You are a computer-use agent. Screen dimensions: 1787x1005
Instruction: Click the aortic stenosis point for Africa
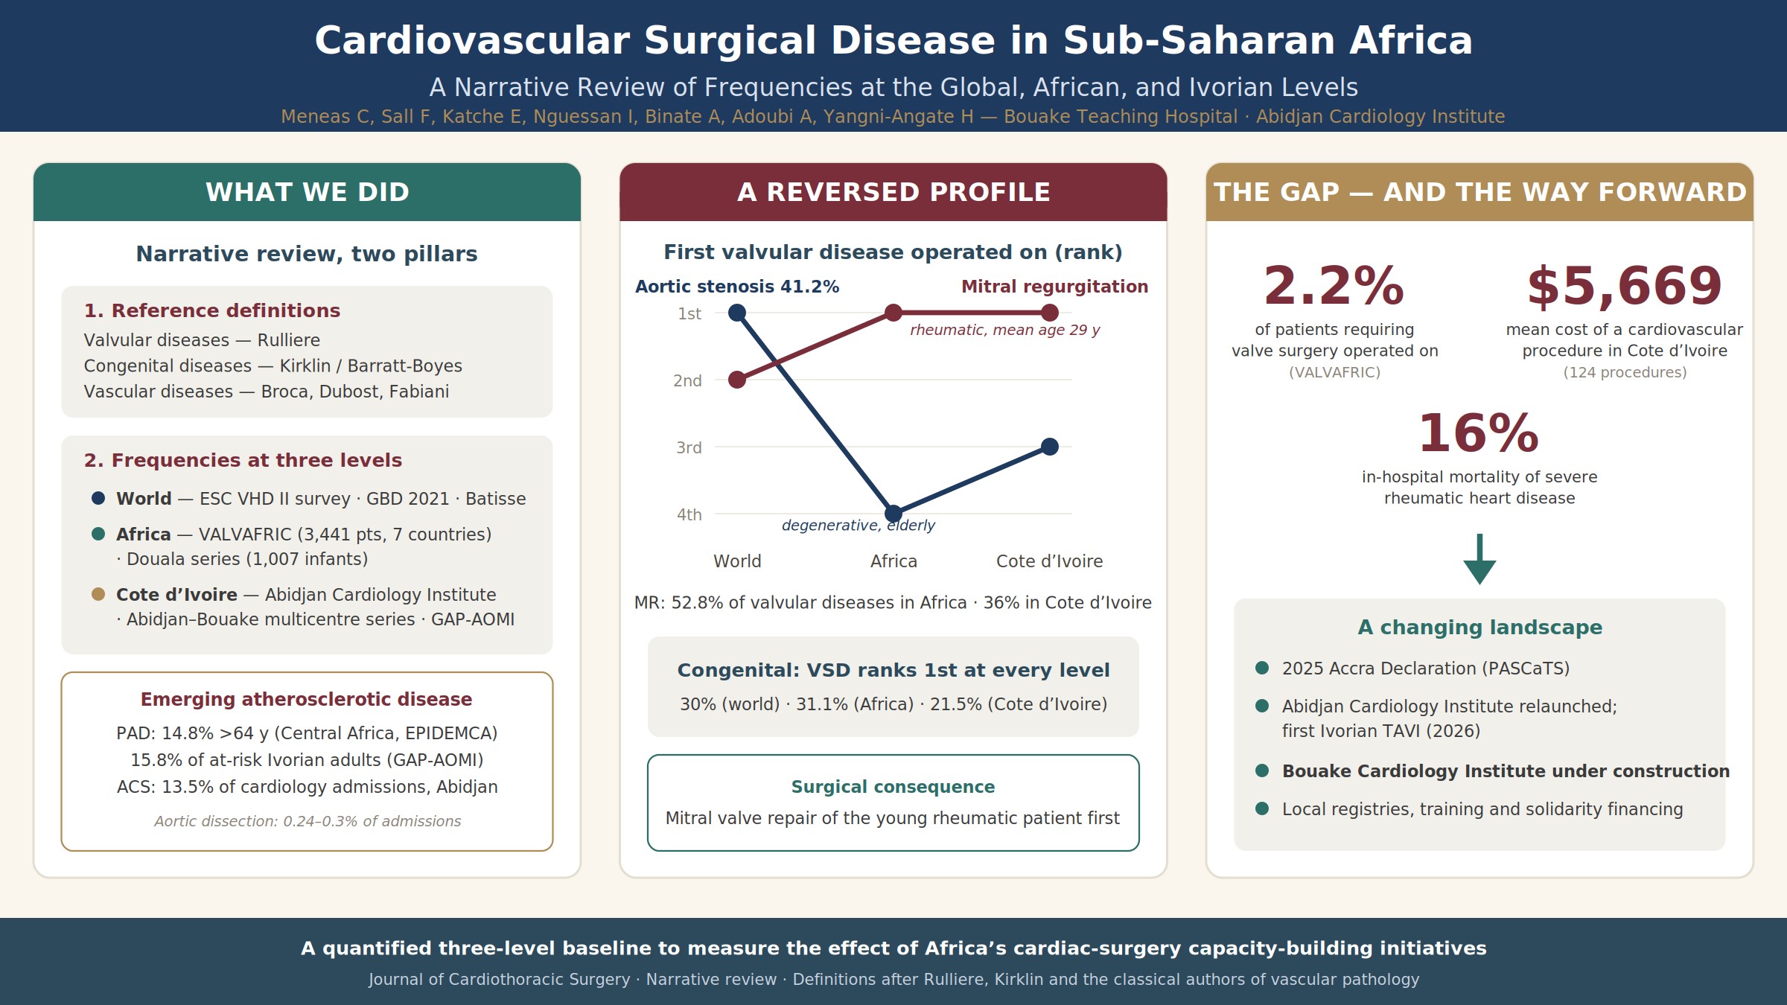[893, 514]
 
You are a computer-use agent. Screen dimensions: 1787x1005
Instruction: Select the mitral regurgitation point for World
[737, 380]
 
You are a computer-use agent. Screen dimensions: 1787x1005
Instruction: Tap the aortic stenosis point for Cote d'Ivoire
[1050, 447]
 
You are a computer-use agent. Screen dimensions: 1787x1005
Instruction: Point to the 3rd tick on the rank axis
[689, 447]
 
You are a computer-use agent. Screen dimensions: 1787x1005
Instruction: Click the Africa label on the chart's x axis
[893, 561]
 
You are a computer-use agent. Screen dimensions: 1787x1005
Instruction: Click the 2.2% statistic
[1334, 286]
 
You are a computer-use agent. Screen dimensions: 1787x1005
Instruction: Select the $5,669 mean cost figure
[1625, 286]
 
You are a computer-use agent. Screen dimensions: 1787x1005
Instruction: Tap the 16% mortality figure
[1479, 433]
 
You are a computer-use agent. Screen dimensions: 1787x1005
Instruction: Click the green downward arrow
[1479, 559]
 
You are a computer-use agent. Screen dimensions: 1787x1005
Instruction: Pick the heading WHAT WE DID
[308, 192]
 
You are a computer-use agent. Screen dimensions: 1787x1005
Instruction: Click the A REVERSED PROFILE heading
[893, 192]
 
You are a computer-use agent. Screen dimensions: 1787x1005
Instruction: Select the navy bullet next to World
[98, 498]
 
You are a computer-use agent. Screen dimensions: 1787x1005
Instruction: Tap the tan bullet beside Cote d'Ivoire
[98, 594]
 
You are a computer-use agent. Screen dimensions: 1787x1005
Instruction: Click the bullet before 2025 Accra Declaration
[1262, 668]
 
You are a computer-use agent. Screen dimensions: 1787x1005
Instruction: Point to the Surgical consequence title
[893, 787]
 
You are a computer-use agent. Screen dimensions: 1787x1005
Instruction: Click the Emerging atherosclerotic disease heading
[307, 699]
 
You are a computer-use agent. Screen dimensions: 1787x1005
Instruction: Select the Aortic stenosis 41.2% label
[737, 287]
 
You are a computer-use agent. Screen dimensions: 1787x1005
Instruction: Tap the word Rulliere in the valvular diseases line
[289, 340]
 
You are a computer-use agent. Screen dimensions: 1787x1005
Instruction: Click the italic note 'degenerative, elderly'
[859, 526]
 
